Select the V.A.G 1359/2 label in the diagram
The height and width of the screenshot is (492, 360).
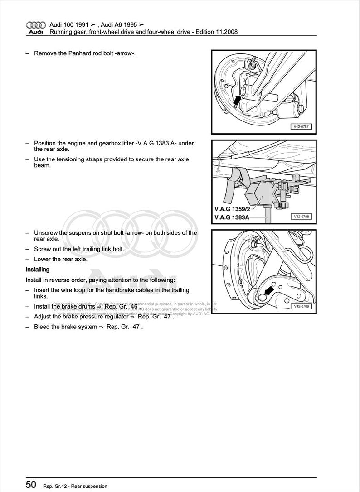click(x=232, y=210)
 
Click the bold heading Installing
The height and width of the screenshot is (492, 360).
click(x=37, y=269)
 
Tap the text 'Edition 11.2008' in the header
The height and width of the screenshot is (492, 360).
click(x=216, y=32)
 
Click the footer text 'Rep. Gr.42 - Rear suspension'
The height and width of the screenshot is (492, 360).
click(x=75, y=486)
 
